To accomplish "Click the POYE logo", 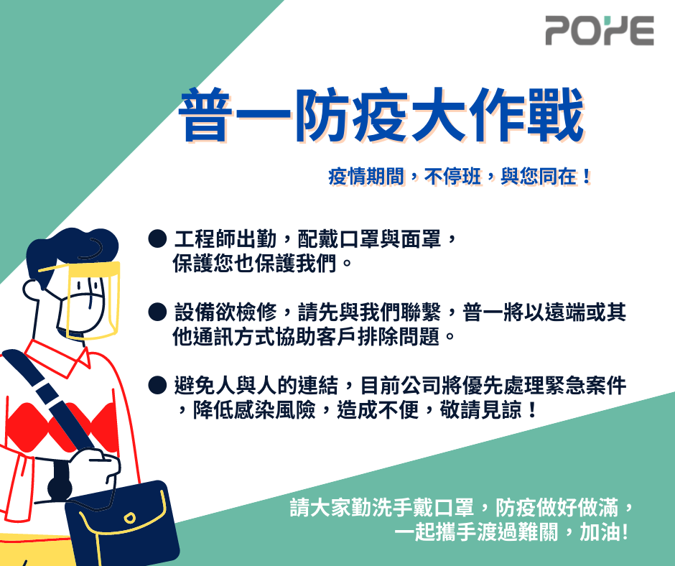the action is (x=600, y=30).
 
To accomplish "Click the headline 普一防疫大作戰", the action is (x=381, y=115).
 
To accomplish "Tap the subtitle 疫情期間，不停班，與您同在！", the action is (x=460, y=176).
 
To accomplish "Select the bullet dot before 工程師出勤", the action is (x=157, y=238).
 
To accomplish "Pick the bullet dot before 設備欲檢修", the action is (x=157, y=312).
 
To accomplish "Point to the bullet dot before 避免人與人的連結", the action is (x=157, y=385).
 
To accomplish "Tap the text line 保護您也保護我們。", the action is (x=262, y=263).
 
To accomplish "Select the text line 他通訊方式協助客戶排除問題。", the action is (x=314, y=336).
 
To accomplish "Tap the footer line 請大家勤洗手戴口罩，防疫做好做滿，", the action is (x=462, y=507).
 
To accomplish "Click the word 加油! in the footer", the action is (x=604, y=532).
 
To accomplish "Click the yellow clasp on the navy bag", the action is (x=129, y=518).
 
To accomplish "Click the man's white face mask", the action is (x=82, y=311).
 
